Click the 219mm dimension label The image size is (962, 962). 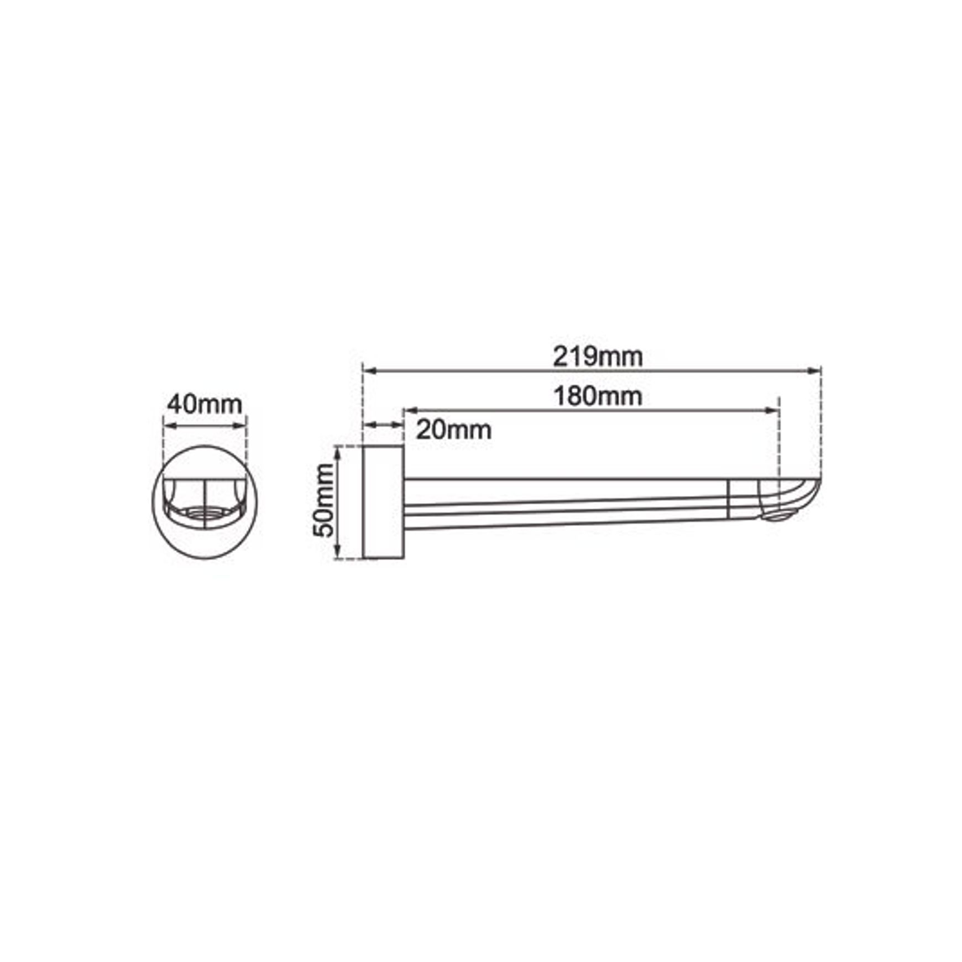pos(598,357)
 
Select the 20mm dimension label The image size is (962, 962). pos(453,430)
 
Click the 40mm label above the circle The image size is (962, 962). pos(205,404)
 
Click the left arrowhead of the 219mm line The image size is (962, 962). pos(369,370)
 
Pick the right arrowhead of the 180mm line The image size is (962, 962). pos(772,410)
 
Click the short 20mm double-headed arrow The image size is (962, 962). pos(383,425)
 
